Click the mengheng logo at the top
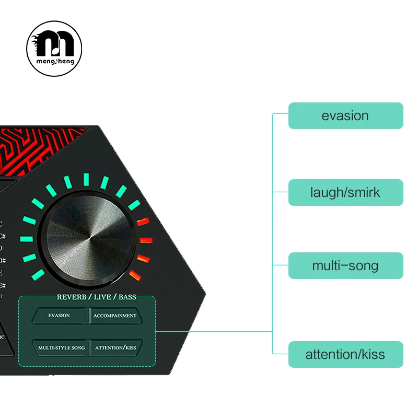[x=54, y=48]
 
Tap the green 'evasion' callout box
[x=345, y=115]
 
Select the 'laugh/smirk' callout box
[x=345, y=192]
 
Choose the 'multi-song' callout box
[x=345, y=265]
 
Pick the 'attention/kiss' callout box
[x=345, y=354]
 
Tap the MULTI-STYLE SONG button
[x=61, y=347]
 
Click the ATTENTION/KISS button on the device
[x=115, y=347]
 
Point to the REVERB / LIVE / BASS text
[x=96, y=297]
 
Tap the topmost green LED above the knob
[x=86, y=179]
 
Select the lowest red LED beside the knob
[x=135, y=275]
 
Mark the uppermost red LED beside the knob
[x=143, y=222]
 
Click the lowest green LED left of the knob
[x=38, y=275]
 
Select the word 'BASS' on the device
[x=127, y=297]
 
